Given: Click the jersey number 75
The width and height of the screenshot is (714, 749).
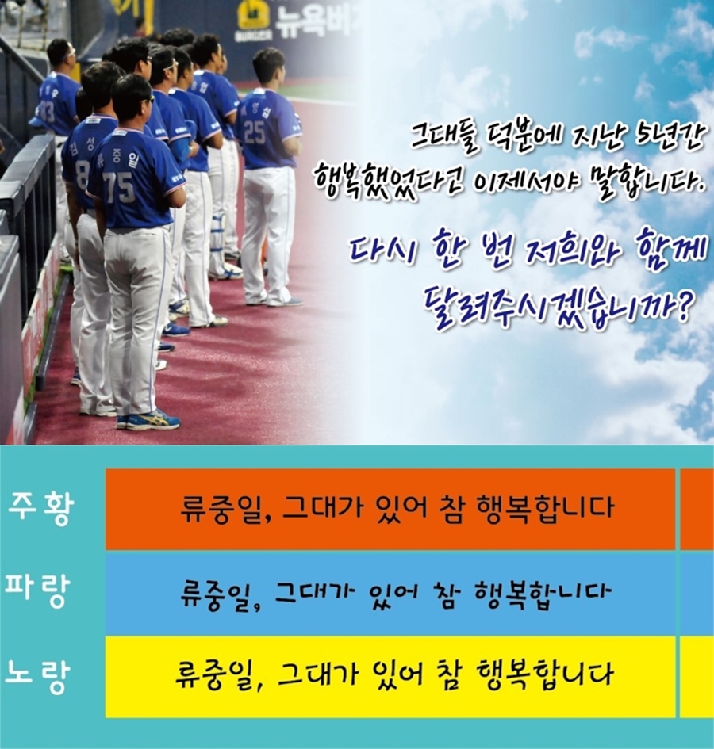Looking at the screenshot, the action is coord(119,187).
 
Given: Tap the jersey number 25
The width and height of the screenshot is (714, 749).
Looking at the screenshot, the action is coord(255,132).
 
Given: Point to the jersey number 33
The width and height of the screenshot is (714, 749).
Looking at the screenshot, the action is coord(48,111).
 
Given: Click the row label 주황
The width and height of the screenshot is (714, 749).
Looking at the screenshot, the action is coord(40,509).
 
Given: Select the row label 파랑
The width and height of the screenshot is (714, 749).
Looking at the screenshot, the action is coord(37,590).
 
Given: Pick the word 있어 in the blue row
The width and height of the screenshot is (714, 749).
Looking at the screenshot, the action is coord(394,593).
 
